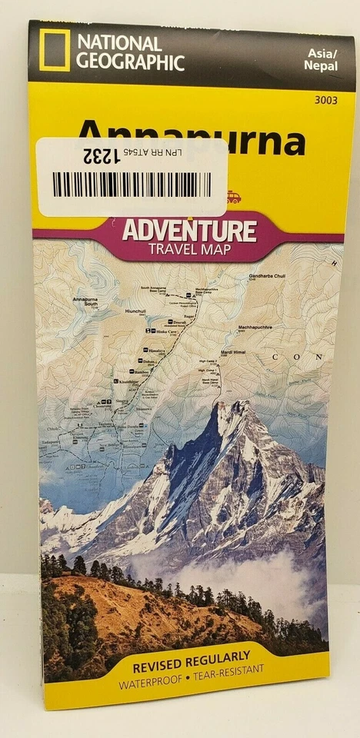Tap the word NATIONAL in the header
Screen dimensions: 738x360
[x=118, y=44]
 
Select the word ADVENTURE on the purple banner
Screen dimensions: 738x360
[x=188, y=230]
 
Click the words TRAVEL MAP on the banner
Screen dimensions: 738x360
[x=192, y=250]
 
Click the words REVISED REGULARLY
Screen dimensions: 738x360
[x=192, y=656]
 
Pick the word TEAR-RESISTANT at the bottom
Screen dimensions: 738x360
[x=226, y=670]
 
